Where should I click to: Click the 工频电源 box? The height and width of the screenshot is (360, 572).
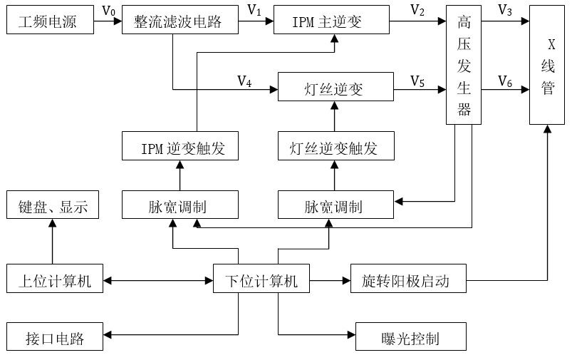coord(51,21)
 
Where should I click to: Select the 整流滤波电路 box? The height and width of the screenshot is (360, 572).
coord(178,21)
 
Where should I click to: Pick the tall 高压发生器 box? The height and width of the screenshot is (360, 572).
coord(464,66)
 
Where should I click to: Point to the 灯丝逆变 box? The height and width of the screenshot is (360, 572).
coord(335,89)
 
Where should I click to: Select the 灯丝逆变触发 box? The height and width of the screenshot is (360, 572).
coord(334,148)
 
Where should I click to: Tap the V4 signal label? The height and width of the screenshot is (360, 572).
coord(244,81)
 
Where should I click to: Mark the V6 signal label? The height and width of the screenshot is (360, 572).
coord(505,81)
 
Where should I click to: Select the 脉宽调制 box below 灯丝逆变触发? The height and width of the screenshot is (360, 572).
coord(334,206)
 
